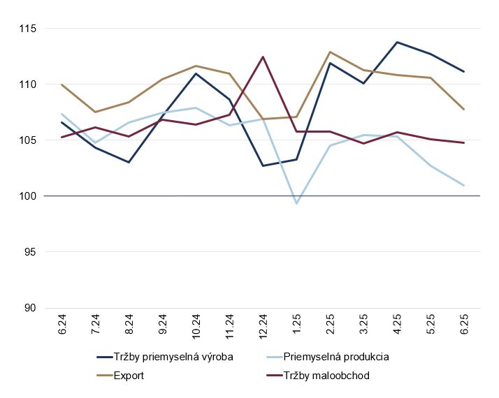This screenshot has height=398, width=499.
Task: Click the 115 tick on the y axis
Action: pos(27,29)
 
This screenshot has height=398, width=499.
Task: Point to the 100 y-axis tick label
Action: pos(27,196)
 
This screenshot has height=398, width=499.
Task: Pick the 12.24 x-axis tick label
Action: pos(263,330)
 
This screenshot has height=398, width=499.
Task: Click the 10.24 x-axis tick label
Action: pos(196,330)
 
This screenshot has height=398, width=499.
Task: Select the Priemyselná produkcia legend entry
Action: pos(331,357)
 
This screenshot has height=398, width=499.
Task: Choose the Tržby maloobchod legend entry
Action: pos(319,376)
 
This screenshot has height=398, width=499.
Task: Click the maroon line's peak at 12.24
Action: pos(263,57)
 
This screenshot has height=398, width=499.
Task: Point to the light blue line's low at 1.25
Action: pos(296,203)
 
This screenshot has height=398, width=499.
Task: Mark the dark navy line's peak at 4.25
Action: pos(397,42)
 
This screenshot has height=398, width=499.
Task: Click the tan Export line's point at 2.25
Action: pos(330,52)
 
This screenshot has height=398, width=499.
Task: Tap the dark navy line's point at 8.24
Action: pos(129,162)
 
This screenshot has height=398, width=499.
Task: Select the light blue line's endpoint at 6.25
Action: pos(463,185)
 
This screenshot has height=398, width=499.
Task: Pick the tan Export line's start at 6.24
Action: pos(62,84)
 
